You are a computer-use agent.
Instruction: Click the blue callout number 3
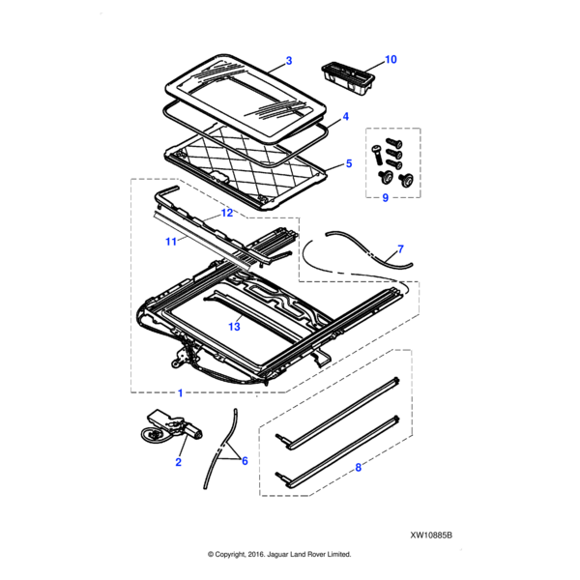tap(289, 61)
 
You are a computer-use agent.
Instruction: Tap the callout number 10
tap(391, 60)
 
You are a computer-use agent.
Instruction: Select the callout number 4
tap(345, 117)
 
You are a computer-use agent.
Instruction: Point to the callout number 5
tap(348, 163)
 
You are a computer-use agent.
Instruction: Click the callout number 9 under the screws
tap(385, 198)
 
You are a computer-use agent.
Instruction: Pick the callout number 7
tap(400, 249)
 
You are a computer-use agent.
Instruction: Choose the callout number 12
tap(227, 213)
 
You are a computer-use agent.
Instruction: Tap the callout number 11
tap(171, 242)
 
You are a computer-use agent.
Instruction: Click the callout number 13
tap(234, 327)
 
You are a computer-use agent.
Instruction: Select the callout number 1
tap(180, 392)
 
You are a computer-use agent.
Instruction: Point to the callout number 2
tap(178, 462)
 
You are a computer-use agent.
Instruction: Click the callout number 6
tap(245, 461)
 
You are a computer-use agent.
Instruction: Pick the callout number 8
tap(358, 468)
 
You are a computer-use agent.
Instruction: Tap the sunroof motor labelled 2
tap(173, 427)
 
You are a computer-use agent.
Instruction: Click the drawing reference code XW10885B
tap(431, 536)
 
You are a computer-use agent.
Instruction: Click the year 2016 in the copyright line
tap(255, 554)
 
